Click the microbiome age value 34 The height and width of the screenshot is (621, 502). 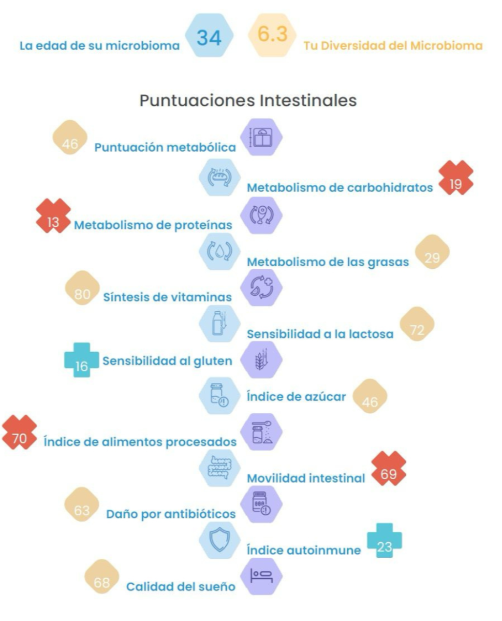coord(209,37)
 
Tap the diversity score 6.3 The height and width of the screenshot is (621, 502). coord(273,35)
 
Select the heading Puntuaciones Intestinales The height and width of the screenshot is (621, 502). coord(248,100)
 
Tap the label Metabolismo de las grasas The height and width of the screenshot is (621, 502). coord(328,262)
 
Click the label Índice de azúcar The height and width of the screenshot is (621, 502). coord(296,397)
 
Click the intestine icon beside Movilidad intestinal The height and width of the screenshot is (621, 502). coord(219,467)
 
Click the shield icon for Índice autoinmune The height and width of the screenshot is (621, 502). coord(219,540)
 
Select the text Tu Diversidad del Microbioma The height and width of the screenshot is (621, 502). coord(393,46)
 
